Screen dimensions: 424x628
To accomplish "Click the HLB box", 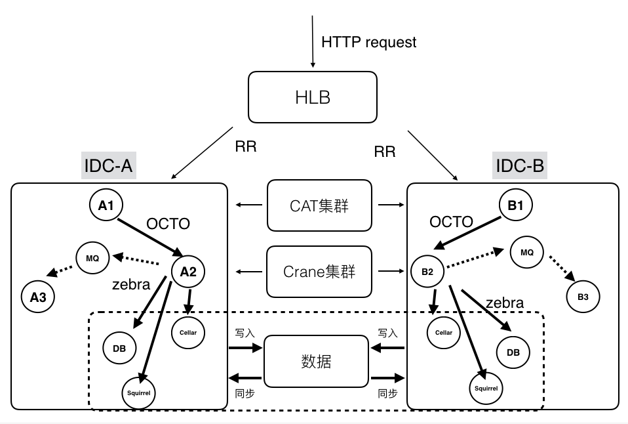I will pyautogui.click(x=313, y=98).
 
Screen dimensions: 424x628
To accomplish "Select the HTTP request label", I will pyautogui.click(x=368, y=42).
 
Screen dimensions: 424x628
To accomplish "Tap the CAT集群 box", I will pyautogui.click(x=319, y=205).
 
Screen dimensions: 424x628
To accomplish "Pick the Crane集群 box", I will pyautogui.click(x=319, y=271).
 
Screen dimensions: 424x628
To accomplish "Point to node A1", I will pyautogui.click(x=106, y=205).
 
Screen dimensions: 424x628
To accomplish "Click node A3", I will pyautogui.click(x=38, y=297).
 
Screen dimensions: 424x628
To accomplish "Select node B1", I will pyautogui.click(x=515, y=205).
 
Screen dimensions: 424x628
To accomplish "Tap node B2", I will pyautogui.click(x=427, y=272).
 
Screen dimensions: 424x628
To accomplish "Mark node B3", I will pyautogui.click(x=583, y=297).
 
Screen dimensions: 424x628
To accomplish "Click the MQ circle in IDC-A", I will pyautogui.click(x=92, y=258).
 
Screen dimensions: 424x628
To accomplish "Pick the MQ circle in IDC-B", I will pyautogui.click(x=527, y=251).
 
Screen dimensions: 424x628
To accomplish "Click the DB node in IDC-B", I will pyautogui.click(x=513, y=352).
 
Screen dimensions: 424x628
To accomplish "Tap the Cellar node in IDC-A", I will pyautogui.click(x=188, y=332).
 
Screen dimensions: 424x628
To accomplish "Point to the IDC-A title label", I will pyautogui.click(x=108, y=166).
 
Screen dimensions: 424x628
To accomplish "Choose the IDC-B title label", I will pyautogui.click(x=519, y=166).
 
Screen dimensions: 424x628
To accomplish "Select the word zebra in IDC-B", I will pyautogui.click(x=505, y=303).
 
